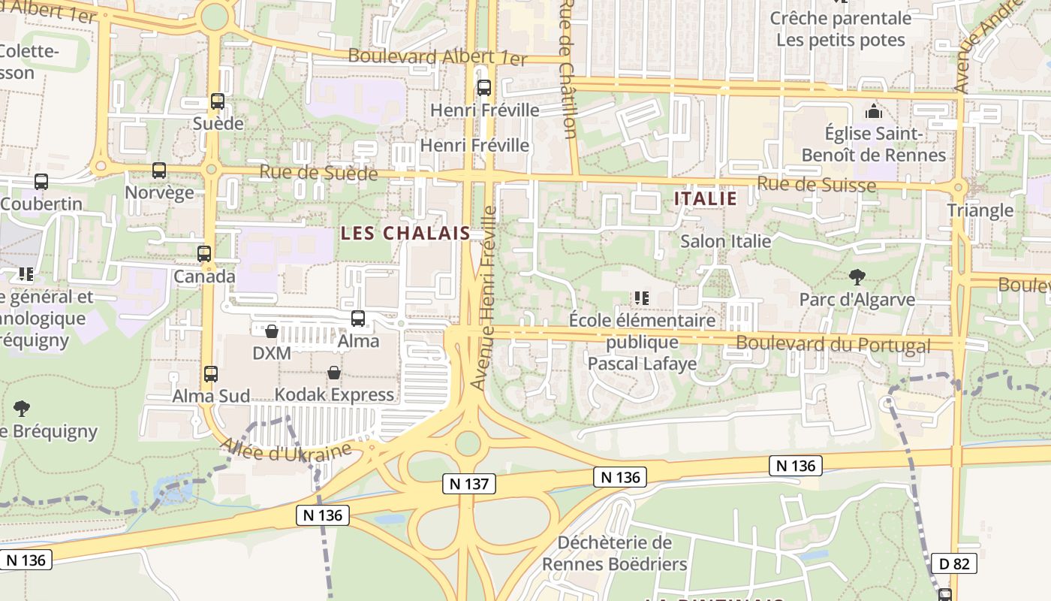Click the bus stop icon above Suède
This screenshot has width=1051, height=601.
pos(218,101)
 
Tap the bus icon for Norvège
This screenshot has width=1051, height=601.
pos(159,171)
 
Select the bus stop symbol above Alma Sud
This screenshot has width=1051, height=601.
pos(211,373)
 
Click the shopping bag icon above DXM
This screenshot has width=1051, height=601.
pos(272,331)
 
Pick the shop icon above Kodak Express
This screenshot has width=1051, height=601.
pos(334,373)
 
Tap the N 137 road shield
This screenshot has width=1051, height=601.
pos(471,484)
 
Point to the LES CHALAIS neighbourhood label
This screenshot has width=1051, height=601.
pos(405,233)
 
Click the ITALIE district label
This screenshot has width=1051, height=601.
pos(706,198)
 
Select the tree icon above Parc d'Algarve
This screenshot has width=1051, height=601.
pos(857,277)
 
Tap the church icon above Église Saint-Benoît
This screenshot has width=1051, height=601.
pos(874,112)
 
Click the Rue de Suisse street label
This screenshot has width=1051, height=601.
pos(816,184)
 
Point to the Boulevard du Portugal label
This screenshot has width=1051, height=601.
pos(833,345)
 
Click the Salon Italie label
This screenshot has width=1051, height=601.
pos(725,241)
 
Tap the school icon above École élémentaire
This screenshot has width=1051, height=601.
pos(641,298)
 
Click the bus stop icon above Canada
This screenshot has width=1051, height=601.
pos(204,254)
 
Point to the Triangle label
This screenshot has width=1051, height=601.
pos(980,210)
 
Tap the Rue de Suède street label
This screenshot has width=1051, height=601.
pos(318,173)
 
